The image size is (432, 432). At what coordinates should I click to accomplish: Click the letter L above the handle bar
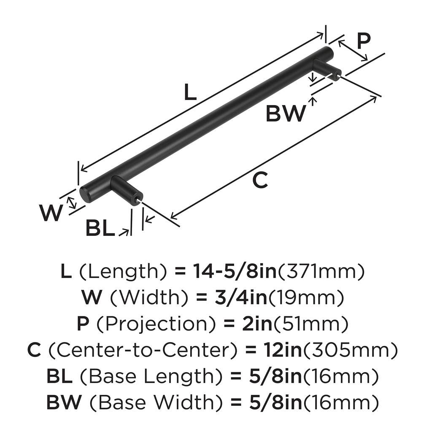point(191,92)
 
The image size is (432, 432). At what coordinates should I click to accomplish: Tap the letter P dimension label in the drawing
point(363,41)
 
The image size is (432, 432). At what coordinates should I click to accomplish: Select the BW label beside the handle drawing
point(286,113)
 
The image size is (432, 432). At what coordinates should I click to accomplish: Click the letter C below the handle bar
point(260,181)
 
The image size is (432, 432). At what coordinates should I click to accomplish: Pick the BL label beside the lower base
point(100,228)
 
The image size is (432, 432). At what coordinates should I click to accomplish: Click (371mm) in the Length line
point(320,272)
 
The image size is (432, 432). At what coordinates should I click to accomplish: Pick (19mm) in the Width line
point(307,298)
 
